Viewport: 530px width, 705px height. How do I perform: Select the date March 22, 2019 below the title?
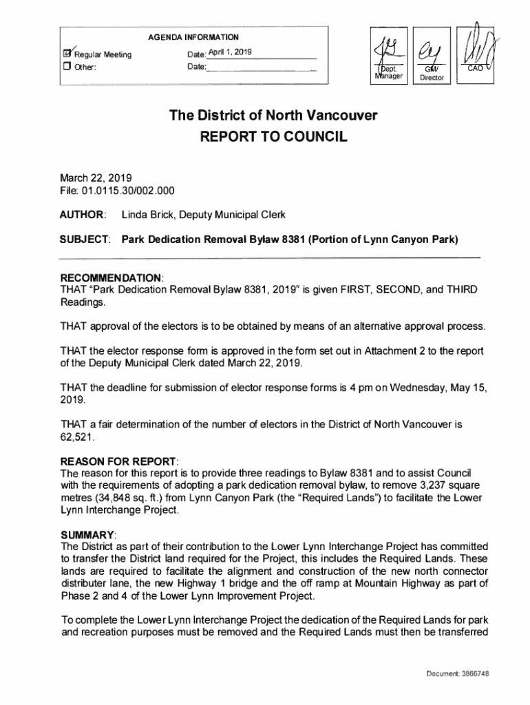pos(92,178)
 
